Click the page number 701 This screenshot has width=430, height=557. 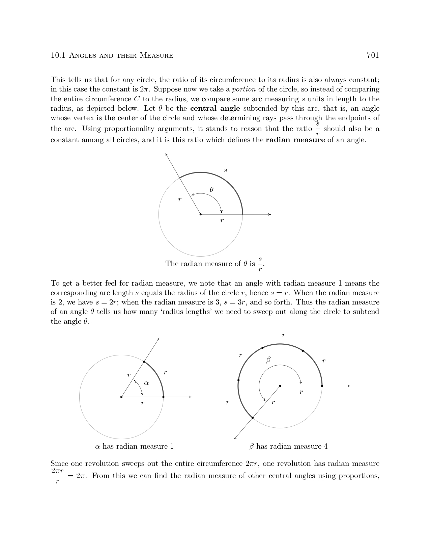373,55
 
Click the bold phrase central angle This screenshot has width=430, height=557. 215,108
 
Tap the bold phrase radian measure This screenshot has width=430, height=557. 295,140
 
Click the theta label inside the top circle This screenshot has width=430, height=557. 211,190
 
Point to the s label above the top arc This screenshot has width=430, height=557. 225,170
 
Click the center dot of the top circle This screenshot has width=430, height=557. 201,214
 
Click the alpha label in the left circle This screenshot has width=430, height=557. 146,383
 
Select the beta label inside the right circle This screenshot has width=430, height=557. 268,360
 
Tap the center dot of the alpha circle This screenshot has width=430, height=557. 121,397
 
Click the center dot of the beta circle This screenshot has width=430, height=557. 280,386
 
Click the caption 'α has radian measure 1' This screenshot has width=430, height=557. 134,447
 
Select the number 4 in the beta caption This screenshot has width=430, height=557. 325,447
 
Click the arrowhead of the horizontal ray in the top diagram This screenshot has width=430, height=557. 269,214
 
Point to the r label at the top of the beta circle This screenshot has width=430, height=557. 284,335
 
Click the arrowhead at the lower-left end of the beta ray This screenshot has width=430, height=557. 235,438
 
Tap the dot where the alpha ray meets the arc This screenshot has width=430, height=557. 144,362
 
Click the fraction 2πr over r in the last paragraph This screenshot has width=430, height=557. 57,476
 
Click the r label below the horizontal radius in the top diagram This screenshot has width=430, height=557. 222,221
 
